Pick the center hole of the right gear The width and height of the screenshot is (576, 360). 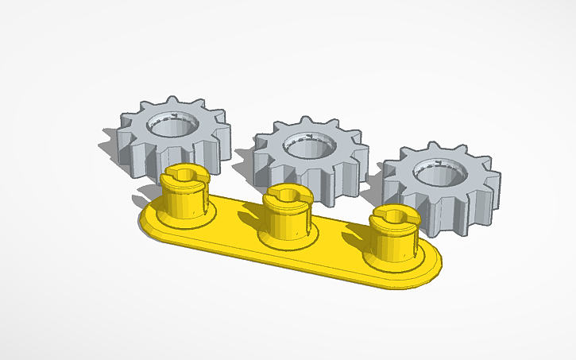pos(436,173)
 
